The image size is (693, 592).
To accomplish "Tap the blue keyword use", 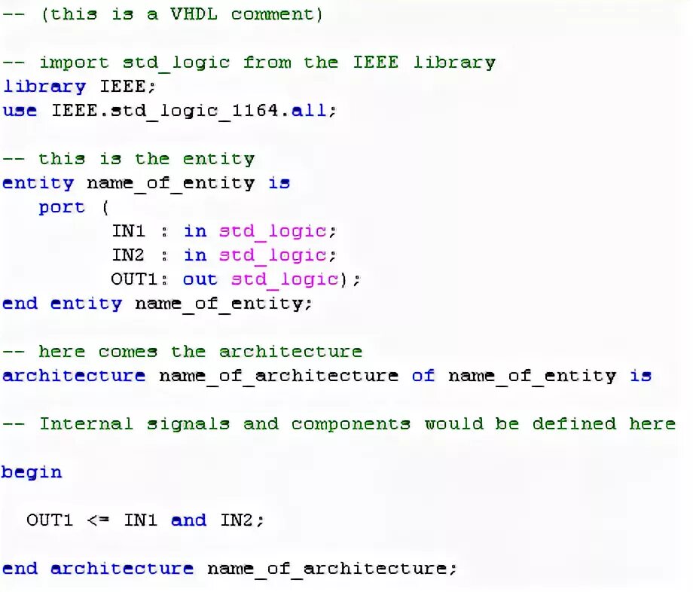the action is click(20, 111).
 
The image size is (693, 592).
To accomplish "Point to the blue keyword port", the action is click(62, 207).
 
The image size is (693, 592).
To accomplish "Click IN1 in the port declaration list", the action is click(128, 231).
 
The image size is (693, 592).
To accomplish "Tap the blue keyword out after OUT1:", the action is click(200, 279).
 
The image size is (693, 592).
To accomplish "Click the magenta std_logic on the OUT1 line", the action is click(285, 279).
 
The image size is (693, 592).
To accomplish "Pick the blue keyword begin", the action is click(32, 472).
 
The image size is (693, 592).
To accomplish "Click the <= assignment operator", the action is click(98, 520).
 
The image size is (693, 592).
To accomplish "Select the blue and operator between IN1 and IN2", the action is click(188, 520).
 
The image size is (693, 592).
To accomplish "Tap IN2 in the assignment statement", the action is click(237, 520).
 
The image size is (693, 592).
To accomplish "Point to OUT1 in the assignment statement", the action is click(50, 520).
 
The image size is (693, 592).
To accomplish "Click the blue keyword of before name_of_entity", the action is click(423, 376).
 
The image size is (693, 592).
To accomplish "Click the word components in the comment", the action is click(351, 424).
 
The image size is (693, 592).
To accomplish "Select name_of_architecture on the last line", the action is click(327, 569).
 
